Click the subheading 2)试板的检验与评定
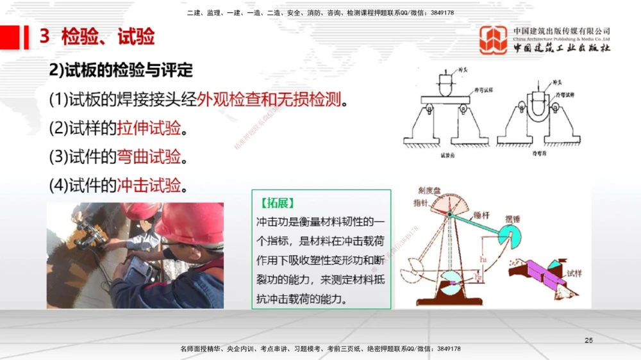121,70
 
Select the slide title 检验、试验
108,37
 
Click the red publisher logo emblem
494,40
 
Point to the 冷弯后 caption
540,154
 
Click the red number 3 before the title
44,37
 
